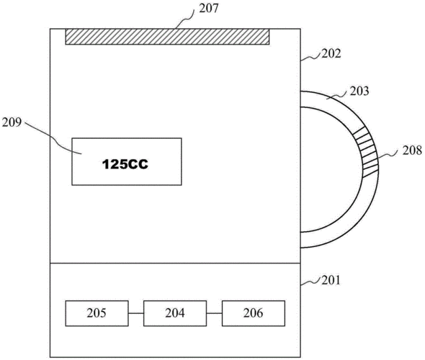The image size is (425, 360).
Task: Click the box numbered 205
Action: pos(97,313)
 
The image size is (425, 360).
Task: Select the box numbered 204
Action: pos(175,313)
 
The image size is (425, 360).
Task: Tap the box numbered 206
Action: pos(253,313)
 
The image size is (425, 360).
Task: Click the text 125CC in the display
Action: pos(125,164)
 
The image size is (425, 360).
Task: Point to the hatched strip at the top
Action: pos(167,37)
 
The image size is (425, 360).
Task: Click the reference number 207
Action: pos(209,9)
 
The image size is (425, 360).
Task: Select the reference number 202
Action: pos(331,53)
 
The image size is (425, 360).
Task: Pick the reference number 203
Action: pos(359,91)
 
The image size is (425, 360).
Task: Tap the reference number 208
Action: pos(412,150)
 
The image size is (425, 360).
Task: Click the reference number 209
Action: pos(12,122)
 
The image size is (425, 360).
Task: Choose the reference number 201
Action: pos(331,280)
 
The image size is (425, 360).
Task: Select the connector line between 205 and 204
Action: pos(136,313)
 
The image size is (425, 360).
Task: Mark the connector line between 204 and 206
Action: pos(214,313)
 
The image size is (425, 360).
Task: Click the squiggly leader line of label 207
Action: pos(187,19)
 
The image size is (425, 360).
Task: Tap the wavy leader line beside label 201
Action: pos(311,282)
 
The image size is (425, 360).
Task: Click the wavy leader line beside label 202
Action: pos(311,57)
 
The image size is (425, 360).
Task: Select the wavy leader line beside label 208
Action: pos(390,155)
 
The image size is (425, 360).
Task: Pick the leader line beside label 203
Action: pos(336,96)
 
